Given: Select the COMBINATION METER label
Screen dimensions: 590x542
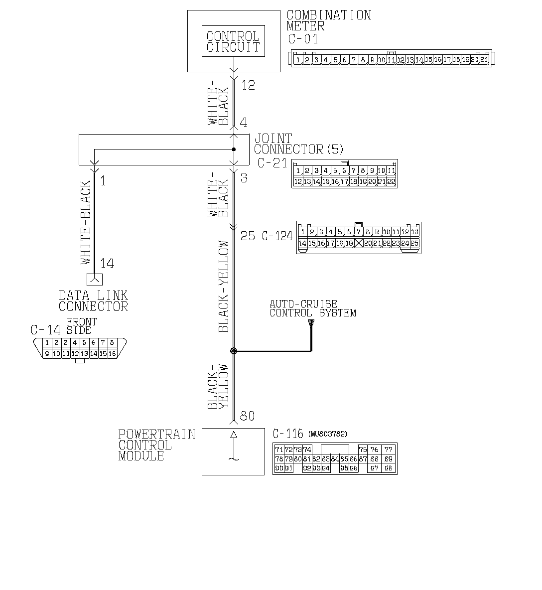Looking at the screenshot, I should pyautogui.click(x=329, y=20).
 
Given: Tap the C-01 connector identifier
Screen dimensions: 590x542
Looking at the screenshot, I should pyautogui.click(x=303, y=39).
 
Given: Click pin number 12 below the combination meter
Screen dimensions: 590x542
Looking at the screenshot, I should pyautogui.click(x=248, y=85).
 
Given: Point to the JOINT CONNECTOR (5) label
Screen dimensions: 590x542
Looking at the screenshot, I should pyautogui.click(x=298, y=144).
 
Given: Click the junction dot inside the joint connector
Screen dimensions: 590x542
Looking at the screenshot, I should pyautogui.click(x=234, y=149).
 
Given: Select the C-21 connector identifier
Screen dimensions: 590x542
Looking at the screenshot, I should pyautogui.click(x=272, y=163).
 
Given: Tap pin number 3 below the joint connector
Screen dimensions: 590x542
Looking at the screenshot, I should pyautogui.click(x=244, y=177).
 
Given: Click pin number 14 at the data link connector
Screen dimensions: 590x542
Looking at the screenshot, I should pyautogui.click(x=107, y=263).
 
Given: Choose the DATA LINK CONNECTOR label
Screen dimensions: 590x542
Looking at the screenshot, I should pyautogui.click(x=93, y=301).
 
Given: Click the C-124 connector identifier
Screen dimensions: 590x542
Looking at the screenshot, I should pyautogui.click(x=277, y=236).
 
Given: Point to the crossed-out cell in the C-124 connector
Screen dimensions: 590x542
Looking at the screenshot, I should pyautogui.click(x=358, y=243).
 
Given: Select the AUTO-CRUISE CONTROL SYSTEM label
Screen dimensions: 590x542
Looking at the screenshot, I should pyautogui.click(x=312, y=308).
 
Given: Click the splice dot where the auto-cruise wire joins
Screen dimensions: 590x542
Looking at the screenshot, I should pyautogui.click(x=234, y=351).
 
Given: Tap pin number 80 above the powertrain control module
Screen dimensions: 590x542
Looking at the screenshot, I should pyautogui.click(x=248, y=416).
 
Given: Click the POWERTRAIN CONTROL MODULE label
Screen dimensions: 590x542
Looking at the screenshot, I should pyautogui.click(x=156, y=444).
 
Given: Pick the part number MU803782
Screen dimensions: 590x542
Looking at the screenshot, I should pyautogui.click(x=327, y=434).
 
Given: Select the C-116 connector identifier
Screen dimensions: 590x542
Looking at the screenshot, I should pyautogui.click(x=288, y=434).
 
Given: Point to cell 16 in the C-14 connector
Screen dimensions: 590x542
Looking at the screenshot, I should pyautogui.click(x=112, y=353).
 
